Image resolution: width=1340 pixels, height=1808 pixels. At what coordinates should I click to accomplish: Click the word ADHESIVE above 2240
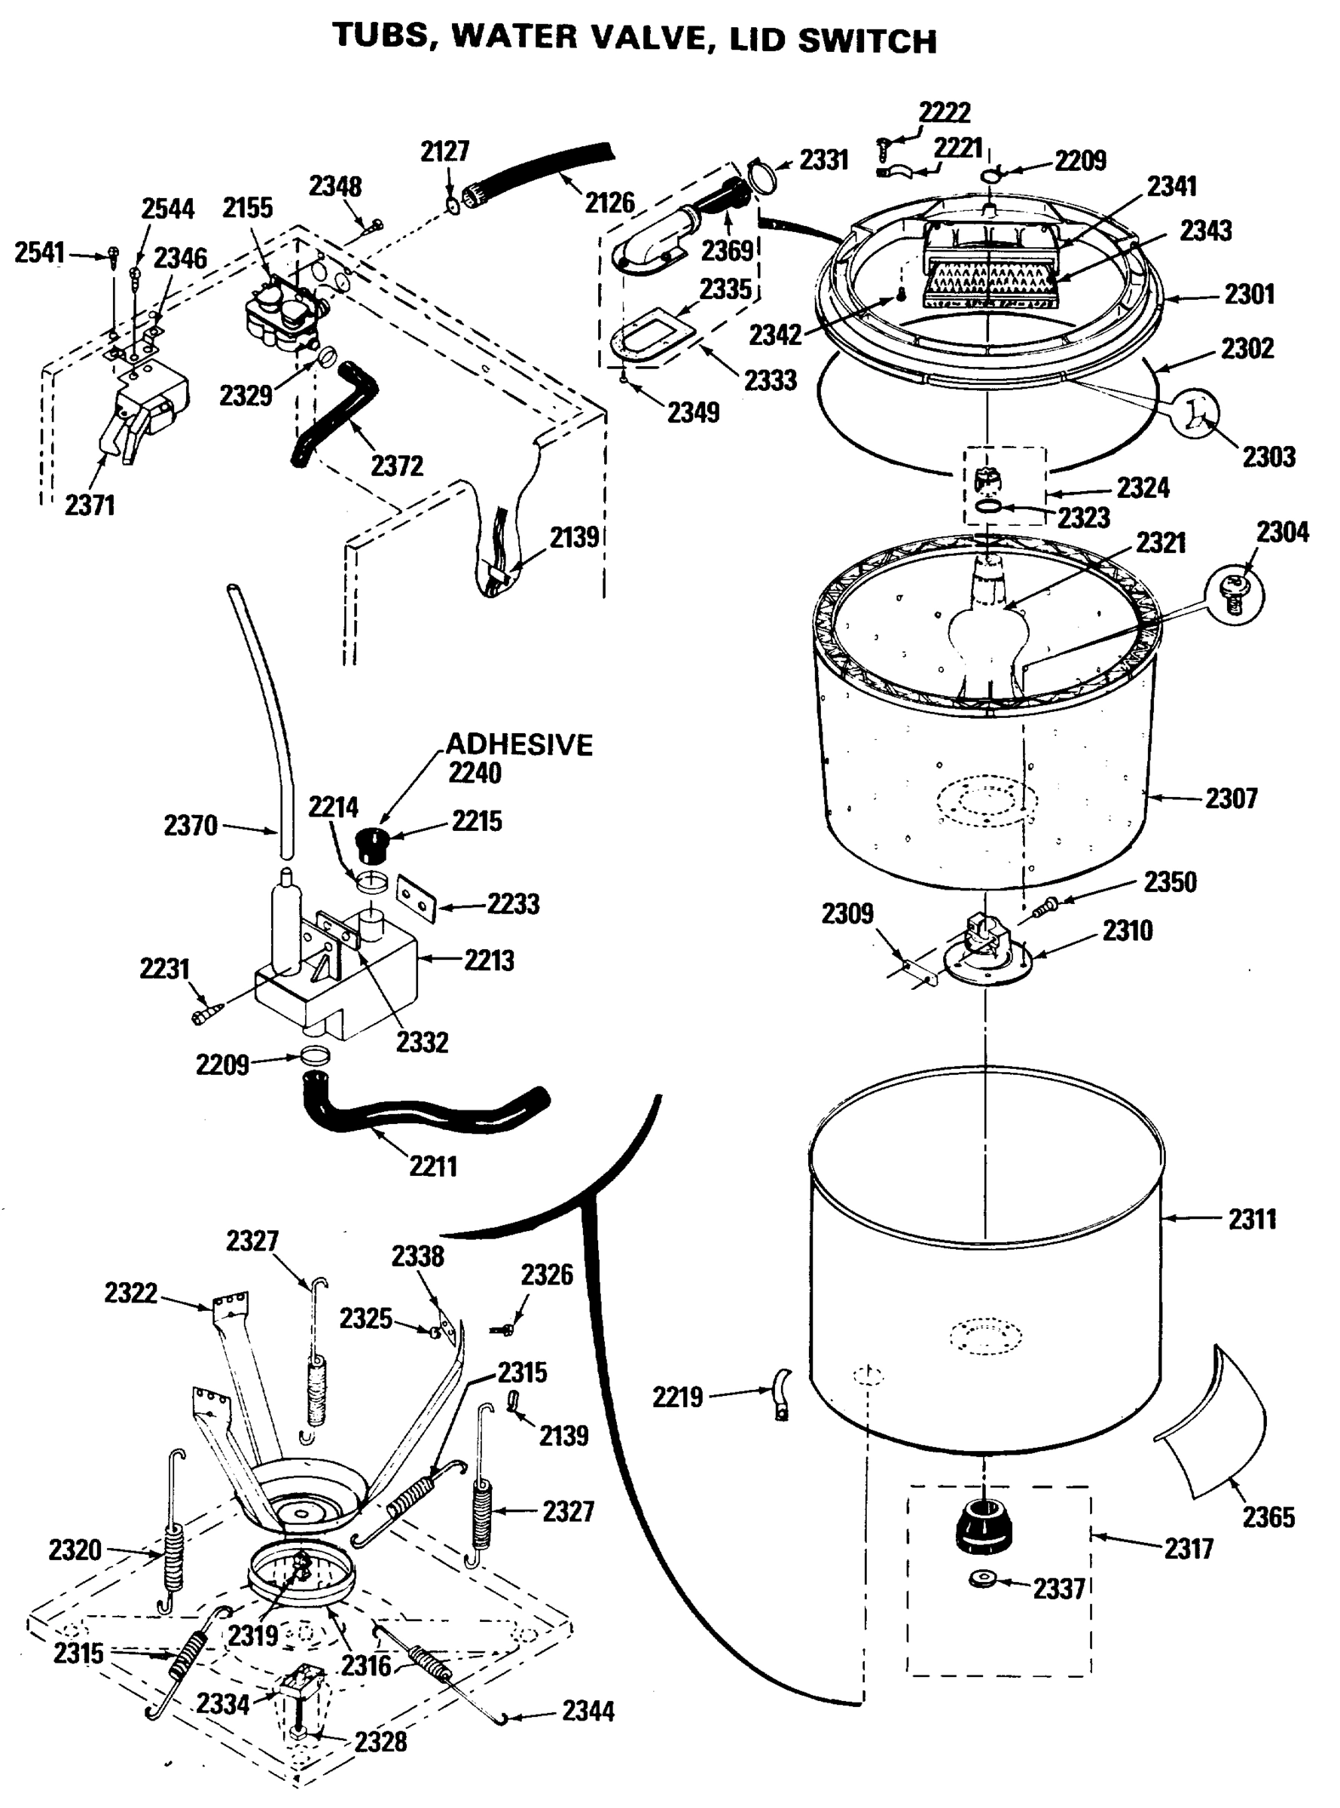[519, 744]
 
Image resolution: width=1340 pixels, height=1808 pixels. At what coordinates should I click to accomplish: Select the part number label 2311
[1252, 1218]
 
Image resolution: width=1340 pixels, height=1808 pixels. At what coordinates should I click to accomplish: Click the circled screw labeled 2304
[1234, 594]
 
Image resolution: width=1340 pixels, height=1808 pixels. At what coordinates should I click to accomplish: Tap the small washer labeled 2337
[983, 1579]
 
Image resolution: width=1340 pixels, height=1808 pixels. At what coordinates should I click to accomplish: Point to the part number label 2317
[1189, 1548]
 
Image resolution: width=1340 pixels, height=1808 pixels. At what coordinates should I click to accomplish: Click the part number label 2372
[397, 466]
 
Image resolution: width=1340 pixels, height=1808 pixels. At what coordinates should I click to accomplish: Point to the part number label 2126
[609, 202]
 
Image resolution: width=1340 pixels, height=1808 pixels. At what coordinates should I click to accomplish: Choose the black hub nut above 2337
[982, 1525]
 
